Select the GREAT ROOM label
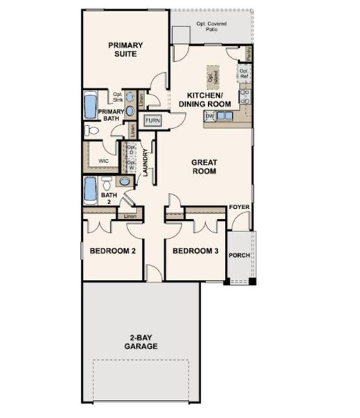(x=205, y=167)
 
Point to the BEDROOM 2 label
(x=112, y=251)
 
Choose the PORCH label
(x=240, y=255)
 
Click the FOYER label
(x=240, y=208)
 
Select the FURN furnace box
(x=152, y=121)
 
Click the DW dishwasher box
(x=210, y=116)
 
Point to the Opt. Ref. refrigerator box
(x=244, y=72)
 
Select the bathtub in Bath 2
(x=91, y=189)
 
